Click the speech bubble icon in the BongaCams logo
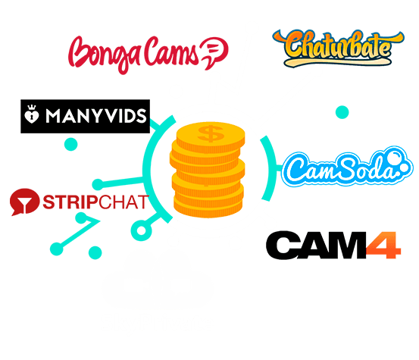pos(215,52)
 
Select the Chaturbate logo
pos(338,48)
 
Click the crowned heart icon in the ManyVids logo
pos(32,114)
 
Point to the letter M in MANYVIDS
pos(54,116)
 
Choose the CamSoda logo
pos(347,167)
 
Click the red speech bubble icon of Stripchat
pos(24,202)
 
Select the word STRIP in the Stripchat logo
pos(70,202)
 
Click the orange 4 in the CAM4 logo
pos(383,246)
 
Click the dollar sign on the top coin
pos(211,133)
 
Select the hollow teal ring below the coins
pos(142,230)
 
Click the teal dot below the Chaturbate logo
pos(342,112)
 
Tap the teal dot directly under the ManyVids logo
pos(70,144)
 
